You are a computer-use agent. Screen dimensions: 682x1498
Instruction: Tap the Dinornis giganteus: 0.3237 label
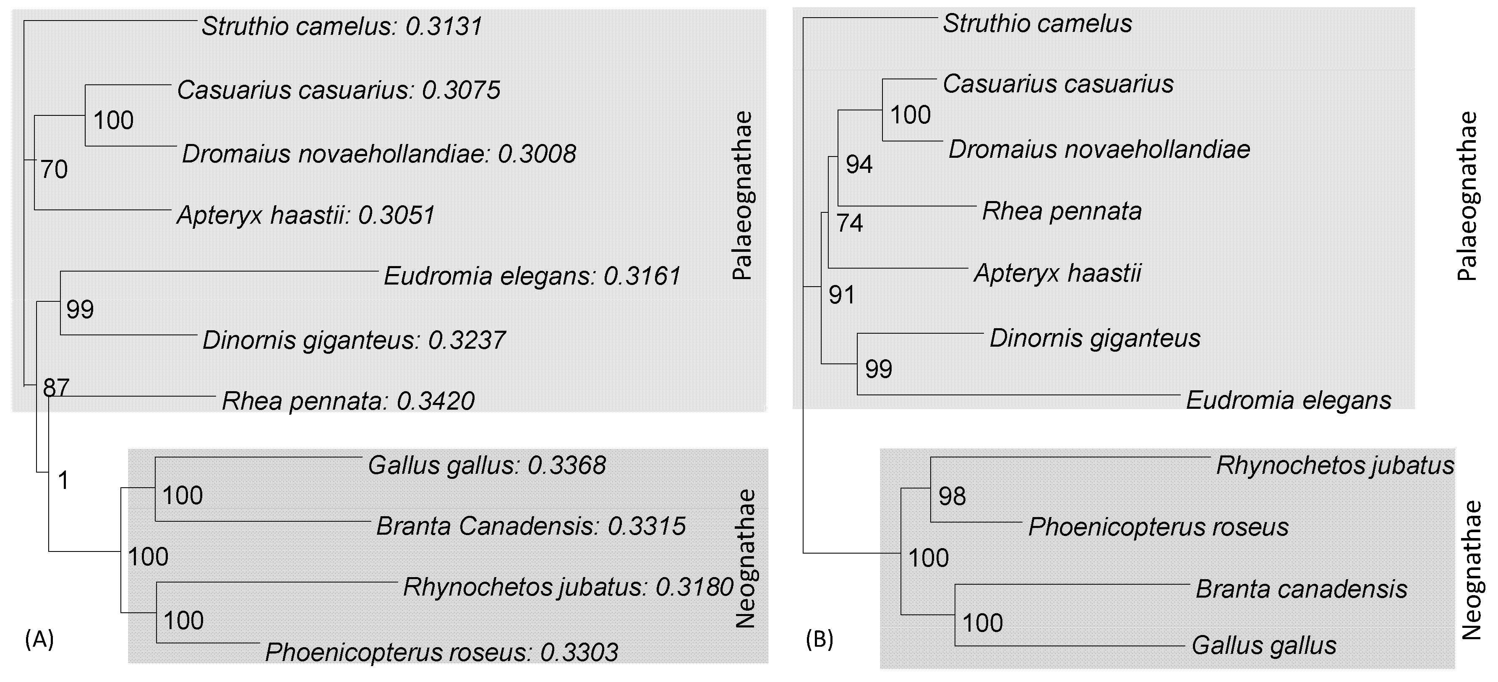point(354,340)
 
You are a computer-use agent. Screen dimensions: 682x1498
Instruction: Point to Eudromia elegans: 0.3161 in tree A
point(532,276)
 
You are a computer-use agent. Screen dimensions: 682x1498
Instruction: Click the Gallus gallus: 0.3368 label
point(487,465)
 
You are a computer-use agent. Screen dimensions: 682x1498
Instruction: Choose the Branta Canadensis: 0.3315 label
point(531,526)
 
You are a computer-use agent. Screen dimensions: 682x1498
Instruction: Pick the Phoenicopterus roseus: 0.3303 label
point(441,652)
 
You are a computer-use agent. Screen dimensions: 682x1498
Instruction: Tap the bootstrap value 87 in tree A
point(56,387)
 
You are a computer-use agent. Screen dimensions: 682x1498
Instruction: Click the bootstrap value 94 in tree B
point(859,165)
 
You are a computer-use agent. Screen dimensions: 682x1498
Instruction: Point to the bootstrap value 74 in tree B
point(850,223)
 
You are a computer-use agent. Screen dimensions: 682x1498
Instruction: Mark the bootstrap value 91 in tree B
point(841,296)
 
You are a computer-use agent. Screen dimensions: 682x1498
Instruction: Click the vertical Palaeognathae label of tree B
point(1468,196)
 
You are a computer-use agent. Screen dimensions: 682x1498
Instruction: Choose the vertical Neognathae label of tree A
point(745,559)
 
